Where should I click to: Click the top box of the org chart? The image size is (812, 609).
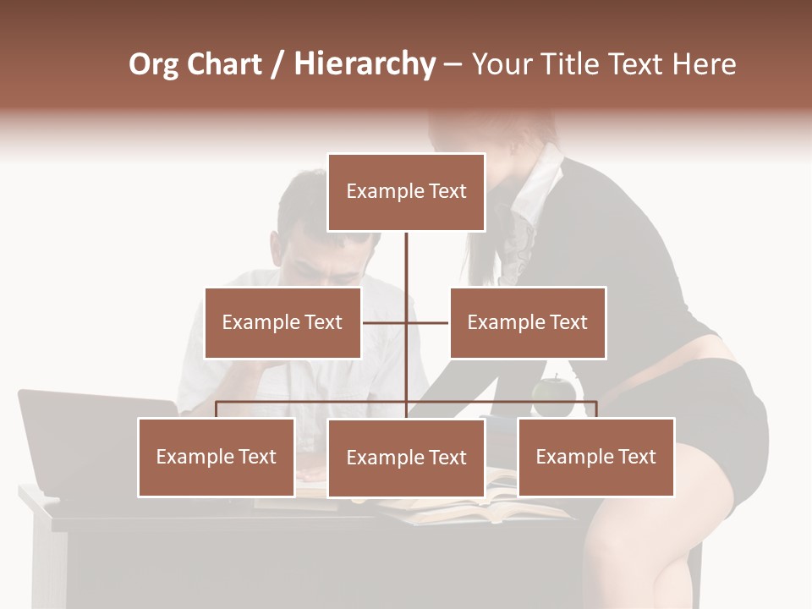tap(406, 192)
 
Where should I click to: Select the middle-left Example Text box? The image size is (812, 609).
tap(283, 322)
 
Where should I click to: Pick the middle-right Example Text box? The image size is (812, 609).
tap(528, 322)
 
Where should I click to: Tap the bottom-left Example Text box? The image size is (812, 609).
tap(217, 457)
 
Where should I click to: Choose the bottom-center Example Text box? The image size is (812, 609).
tap(406, 458)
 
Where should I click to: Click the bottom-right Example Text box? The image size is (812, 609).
tap(596, 457)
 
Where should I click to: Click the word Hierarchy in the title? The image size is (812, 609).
tap(365, 64)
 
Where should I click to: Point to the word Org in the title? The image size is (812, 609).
tap(153, 65)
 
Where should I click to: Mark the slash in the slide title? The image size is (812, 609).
tap(277, 65)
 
